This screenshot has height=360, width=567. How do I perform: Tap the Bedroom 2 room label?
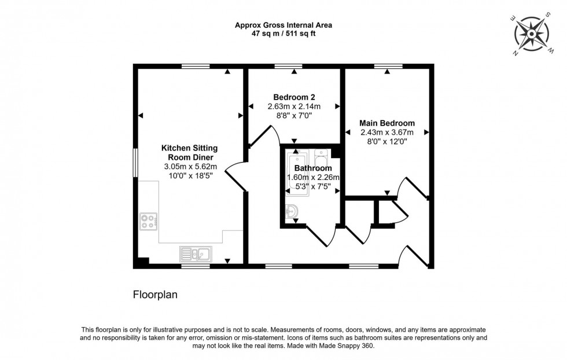[294, 97]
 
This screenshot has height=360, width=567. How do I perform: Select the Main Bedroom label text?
[386, 123]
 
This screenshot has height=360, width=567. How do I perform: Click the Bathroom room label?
[312, 168]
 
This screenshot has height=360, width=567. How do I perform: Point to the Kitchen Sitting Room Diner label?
[189, 153]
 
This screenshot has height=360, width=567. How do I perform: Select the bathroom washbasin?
[292, 213]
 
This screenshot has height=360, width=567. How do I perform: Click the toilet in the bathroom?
[322, 156]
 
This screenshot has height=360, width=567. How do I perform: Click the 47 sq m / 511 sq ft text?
[283, 34]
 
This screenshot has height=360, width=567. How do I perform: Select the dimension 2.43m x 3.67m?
[386, 133]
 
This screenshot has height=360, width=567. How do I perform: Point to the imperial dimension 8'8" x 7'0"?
[294, 115]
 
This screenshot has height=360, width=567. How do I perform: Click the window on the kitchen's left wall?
[135, 161]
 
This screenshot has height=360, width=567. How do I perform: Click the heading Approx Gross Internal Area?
[283, 25]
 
